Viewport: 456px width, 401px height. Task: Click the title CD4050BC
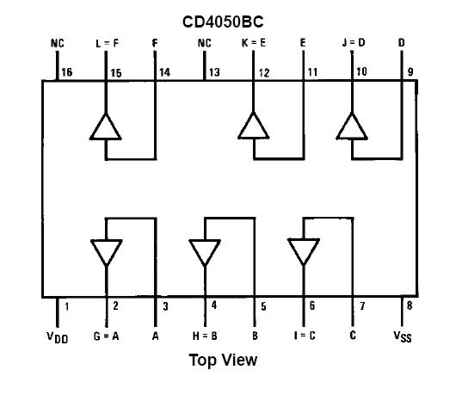pos(223,22)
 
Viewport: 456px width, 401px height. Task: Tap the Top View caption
pos(223,360)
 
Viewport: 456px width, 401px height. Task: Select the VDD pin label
pos(58,337)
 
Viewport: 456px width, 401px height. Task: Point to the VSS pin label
pos(403,336)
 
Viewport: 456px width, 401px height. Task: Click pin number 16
pos(67,71)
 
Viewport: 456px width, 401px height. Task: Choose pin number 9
pos(410,71)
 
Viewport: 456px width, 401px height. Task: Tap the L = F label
pos(107,43)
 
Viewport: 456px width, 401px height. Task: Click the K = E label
pos(254,43)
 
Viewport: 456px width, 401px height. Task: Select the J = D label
pos(354,42)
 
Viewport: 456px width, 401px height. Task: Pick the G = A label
pos(106,336)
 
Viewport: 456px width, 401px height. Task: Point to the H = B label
pos(205,336)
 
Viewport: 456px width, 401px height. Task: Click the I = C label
pos(305,336)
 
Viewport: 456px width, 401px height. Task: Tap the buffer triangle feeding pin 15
pos(106,127)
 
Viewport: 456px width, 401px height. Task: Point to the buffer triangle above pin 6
pos(304,251)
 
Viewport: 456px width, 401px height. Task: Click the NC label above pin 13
pos(205,43)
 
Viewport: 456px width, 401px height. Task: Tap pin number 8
pos(410,305)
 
